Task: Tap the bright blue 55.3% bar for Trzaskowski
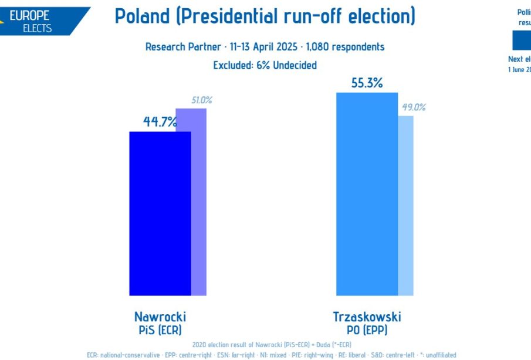367,194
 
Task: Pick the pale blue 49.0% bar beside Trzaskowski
405,206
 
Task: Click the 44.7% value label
160,122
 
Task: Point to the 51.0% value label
202,100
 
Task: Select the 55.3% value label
367,83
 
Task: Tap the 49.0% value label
414,107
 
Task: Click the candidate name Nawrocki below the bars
160,317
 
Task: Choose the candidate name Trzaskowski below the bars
367,317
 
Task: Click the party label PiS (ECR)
160,330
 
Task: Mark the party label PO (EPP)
367,330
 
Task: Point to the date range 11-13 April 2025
265,47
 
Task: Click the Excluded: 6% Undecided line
265,65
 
